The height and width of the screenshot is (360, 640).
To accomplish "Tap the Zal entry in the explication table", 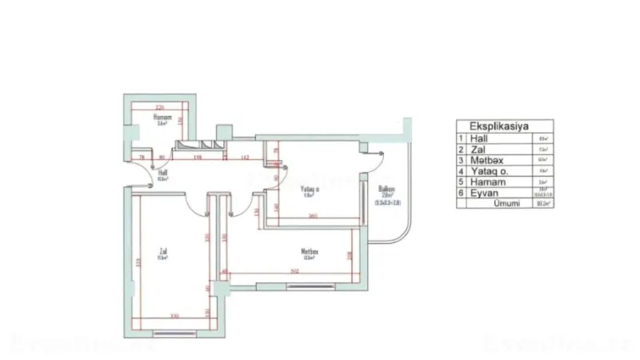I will tap(474, 149).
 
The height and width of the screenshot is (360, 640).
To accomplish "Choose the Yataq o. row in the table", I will tap(483, 170).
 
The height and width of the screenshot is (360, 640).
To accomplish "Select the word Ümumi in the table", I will tap(506, 204).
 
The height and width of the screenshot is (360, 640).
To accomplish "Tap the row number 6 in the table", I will tap(461, 193).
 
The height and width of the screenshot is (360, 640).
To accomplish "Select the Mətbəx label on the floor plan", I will tap(310, 251).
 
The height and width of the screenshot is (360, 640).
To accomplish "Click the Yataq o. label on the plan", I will tap(310, 190).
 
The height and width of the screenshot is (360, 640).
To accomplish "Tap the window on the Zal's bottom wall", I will tap(174, 329).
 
